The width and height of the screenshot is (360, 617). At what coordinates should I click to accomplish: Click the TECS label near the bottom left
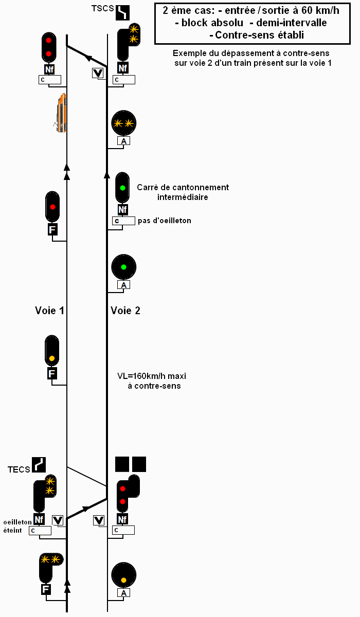19,469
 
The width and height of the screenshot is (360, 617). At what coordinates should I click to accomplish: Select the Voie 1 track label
49,311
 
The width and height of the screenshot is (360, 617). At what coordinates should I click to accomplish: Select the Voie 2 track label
125,311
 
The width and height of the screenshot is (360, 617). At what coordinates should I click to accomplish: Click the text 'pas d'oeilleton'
165,221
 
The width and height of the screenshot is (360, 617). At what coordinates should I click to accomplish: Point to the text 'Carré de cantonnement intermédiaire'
183,192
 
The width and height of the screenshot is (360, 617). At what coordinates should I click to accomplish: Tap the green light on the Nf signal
122,188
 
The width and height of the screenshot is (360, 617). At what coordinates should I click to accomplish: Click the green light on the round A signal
123,267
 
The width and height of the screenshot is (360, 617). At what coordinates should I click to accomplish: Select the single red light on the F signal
52,207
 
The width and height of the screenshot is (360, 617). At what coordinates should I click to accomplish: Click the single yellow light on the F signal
52,358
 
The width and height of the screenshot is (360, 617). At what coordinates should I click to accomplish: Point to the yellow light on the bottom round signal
123,580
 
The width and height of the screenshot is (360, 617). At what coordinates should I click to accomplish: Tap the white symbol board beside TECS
39,464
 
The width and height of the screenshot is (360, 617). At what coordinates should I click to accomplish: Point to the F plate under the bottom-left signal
46,589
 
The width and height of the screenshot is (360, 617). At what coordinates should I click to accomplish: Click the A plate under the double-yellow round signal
123,141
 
